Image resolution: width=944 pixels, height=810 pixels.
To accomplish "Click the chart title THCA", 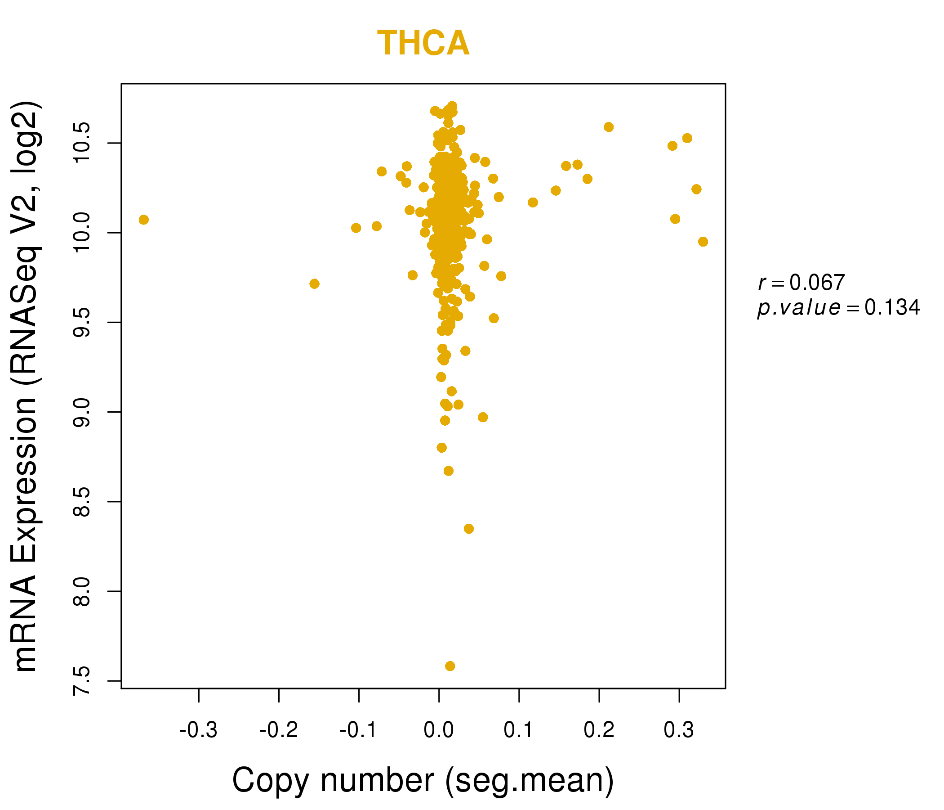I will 423,43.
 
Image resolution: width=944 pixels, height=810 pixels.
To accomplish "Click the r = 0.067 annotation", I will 802,283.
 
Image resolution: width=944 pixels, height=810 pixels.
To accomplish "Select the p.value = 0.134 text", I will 838,308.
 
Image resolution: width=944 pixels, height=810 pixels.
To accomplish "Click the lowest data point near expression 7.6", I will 450,666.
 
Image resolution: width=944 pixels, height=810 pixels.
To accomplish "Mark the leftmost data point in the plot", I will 143,220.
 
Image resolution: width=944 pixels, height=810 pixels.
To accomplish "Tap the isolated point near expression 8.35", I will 468,529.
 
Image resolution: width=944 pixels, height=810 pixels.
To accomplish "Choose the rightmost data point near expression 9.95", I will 703,242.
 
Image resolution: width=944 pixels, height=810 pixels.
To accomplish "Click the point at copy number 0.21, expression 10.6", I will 608,127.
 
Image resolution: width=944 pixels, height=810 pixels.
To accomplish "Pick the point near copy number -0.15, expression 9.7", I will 314,283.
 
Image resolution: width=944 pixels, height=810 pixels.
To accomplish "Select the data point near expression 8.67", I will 448,471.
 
